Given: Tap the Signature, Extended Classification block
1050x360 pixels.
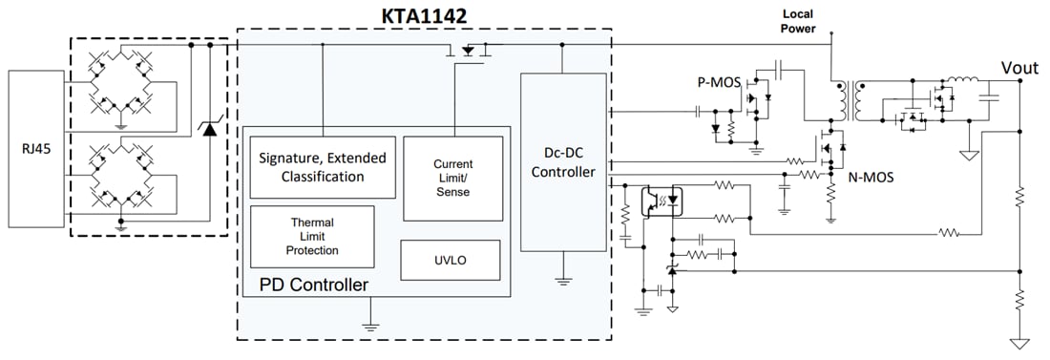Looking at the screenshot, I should [322, 167].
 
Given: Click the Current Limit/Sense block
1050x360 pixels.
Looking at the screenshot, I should [452, 178].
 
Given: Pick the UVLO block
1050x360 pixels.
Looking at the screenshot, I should [450, 258].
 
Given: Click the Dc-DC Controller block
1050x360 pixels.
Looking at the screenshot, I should [562, 162].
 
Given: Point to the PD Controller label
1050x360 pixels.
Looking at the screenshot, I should [313, 285].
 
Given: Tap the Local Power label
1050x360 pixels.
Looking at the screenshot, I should [798, 22].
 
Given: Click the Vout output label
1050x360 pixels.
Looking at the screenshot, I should [1018, 68].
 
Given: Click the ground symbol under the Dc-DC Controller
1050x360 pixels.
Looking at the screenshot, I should [562, 281].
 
